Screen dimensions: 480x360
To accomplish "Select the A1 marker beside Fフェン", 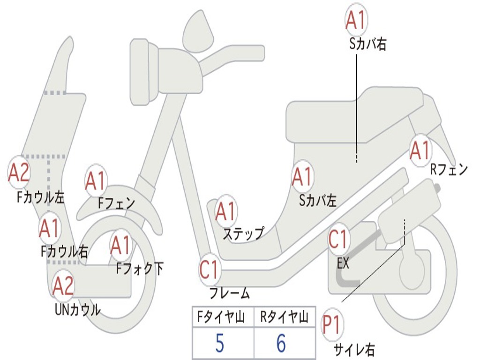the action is pyautogui.click(x=96, y=181).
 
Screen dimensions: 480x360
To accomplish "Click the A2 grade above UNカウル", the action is pyautogui.click(x=63, y=286).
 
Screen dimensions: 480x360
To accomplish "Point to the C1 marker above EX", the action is pyautogui.click(x=338, y=240).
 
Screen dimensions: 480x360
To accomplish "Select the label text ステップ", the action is pyautogui.click(x=243, y=233).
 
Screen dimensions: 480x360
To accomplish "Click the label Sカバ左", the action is pyautogui.click(x=318, y=201).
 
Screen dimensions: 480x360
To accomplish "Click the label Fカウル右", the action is pyautogui.click(x=64, y=252).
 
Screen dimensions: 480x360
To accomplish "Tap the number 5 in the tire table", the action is pyautogui.click(x=220, y=344).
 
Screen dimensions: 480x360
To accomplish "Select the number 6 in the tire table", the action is pyautogui.click(x=281, y=344).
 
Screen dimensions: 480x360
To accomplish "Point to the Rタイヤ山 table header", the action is pyautogui.click(x=285, y=318).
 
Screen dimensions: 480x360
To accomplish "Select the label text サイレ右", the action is pyautogui.click(x=354, y=349).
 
